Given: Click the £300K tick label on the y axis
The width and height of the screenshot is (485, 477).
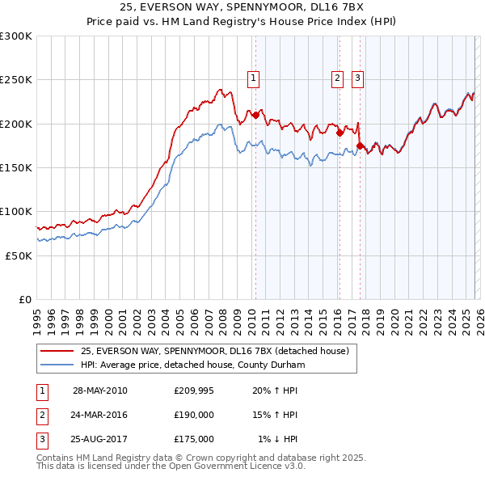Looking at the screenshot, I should (x=16, y=36).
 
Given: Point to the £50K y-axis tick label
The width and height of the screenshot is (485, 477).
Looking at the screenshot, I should (x=19, y=255).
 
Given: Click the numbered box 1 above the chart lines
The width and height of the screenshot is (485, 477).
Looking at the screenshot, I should (x=254, y=78).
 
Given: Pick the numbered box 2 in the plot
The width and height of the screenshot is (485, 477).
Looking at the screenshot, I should (x=336, y=78).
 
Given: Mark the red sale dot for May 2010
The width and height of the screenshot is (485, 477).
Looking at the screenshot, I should (x=255, y=116).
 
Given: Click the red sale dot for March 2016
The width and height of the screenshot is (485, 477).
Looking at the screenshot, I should (x=339, y=133).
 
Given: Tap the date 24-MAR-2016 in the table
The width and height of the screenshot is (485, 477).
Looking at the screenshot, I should (x=100, y=415).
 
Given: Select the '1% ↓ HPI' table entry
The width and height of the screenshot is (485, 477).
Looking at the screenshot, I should (x=278, y=439).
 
